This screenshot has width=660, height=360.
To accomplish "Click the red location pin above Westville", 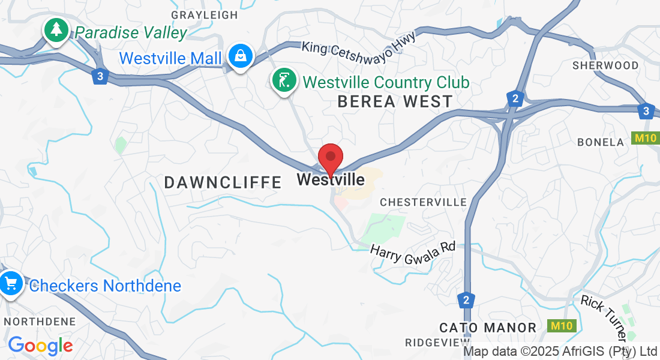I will coord(330,157).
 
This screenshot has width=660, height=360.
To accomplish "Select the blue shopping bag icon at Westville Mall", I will coord(241,56).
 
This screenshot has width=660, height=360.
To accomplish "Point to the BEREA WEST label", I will coord(395,101).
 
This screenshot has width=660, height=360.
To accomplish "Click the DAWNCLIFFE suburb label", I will coord(223,182).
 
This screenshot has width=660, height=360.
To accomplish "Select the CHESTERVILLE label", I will coord(423,202).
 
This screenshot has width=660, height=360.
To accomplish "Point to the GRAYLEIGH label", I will coord(205,15).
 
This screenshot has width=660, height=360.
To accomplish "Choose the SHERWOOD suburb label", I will coord(605,65).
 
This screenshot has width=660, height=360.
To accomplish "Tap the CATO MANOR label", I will coord(488,328).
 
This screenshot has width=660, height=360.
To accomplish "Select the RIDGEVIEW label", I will coord(433,343).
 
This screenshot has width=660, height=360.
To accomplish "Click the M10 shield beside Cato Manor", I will coord(562,326).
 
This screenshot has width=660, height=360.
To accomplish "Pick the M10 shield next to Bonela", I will coord(646,139).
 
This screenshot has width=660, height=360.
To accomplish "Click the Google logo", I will coord(40,345).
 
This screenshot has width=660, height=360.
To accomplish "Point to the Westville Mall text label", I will coord(170,58).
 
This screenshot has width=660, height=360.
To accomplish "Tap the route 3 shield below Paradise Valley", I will coord(101,76).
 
